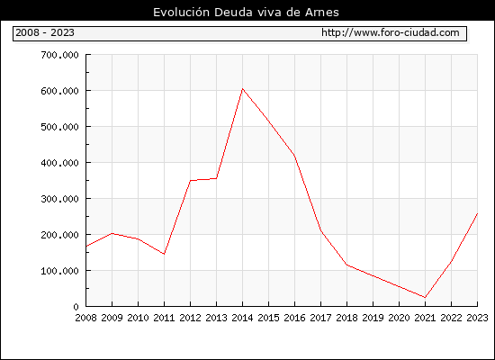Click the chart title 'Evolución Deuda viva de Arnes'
tap(246, 13)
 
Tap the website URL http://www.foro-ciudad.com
tap(391, 32)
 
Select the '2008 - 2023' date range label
tap(45, 32)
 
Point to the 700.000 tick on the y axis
tap(59, 55)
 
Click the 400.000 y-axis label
tap(59, 163)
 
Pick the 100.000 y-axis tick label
tap(59, 271)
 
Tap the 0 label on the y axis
tap(76, 307)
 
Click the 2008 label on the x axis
tap(85, 318)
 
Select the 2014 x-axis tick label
tap(242, 318)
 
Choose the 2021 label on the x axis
tap(425, 318)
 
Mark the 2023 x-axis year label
tap(477, 318)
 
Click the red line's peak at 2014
tap(242, 89)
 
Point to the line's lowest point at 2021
tap(425, 297)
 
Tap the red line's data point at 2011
tap(164, 254)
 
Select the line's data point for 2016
tap(294, 155)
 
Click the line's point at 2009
tap(112, 233)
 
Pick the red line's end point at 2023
tap(477, 213)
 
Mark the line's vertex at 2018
tap(346, 265)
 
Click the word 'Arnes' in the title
tap(322, 13)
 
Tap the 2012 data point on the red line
tap(191, 181)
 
